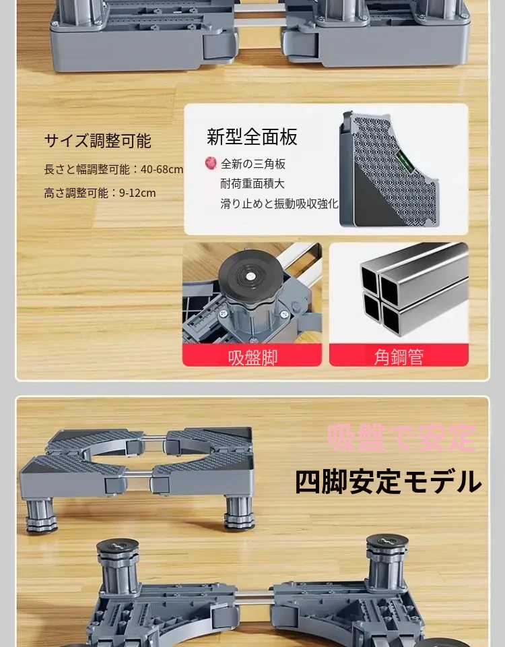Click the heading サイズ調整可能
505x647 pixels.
point(98,141)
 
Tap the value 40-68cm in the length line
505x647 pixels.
point(162,169)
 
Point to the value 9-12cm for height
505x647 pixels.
point(137,193)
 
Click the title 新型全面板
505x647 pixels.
point(252,137)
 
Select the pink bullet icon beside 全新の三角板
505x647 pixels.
point(211,163)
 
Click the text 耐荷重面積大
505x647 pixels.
point(252,183)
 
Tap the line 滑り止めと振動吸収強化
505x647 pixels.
point(279,204)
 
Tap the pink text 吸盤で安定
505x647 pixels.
point(401,437)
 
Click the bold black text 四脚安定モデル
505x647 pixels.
point(389,481)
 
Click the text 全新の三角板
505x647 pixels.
point(253,164)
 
